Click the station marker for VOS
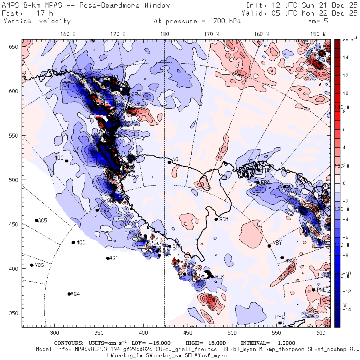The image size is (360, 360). pyautogui.click(x=32, y=265)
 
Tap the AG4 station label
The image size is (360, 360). pyautogui.click(x=75, y=294)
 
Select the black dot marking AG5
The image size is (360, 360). pyautogui.click(x=36, y=220)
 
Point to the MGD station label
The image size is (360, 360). pyautogui.click(x=81, y=243)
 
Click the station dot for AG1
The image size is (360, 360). pyautogui.click(x=108, y=258)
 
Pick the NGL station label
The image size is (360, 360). pyautogui.click(x=177, y=160)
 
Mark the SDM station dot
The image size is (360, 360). pyautogui.click(x=216, y=219)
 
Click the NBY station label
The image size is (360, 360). pyautogui.click(x=277, y=243)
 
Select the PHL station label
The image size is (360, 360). pyautogui.click(x=279, y=317)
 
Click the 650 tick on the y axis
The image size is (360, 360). pyautogui.click(x=15, y=47)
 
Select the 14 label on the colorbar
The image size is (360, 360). pyautogui.click(x=345, y=58)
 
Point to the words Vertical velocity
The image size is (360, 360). pyautogui.click(x=37, y=21)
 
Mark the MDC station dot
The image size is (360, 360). pyautogui.click(x=66, y=161)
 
